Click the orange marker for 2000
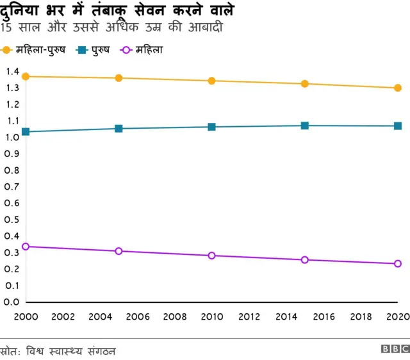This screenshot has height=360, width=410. tap(26, 76)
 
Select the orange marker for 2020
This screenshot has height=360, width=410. tap(397, 88)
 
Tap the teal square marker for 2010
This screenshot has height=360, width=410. tap(211, 127)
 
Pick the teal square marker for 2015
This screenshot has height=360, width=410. tap(304, 126)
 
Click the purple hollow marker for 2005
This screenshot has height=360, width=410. tap(119, 251)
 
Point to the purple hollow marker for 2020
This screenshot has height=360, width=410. tap(397, 263)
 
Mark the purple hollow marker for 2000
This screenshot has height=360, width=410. tap(26, 246)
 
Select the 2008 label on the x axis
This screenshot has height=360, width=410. tap(174, 316)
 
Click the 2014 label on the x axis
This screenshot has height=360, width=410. tap(286, 316)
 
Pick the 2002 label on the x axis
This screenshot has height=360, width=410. tap(63, 316)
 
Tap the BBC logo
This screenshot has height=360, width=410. tap(395, 349)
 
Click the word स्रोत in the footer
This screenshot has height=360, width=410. tap(11, 351)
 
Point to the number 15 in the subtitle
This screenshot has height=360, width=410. tap(7, 28)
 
